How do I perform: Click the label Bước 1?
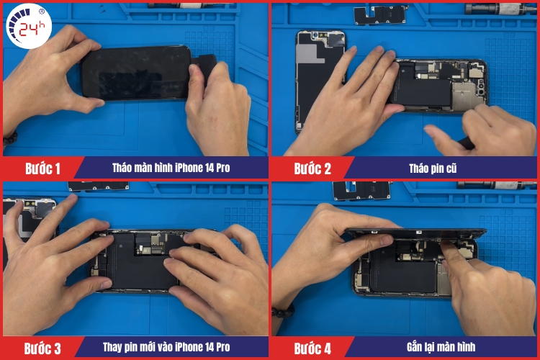[x=43, y=168]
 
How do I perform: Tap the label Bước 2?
[x=312, y=168]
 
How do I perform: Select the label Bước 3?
[x=42, y=348]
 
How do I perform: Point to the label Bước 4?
[x=312, y=348]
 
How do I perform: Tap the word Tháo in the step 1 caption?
[x=124, y=168]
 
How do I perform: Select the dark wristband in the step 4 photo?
[x=283, y=311]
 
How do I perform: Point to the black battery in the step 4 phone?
[x=403, y=277]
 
